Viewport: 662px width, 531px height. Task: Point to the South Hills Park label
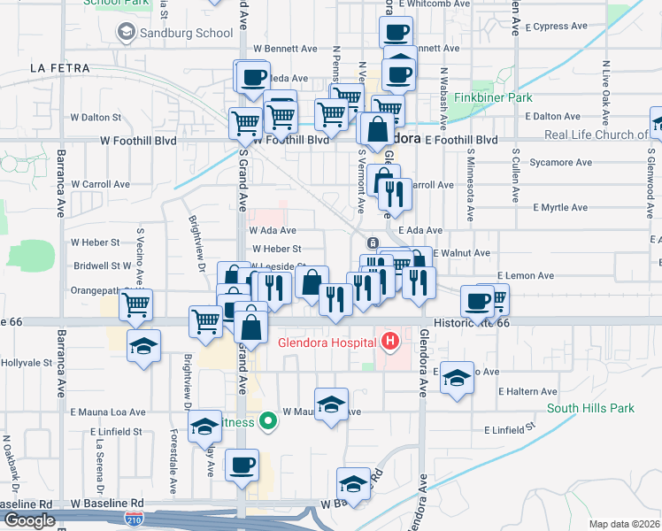coord(590,408)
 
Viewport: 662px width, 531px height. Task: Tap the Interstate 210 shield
coord(135,517)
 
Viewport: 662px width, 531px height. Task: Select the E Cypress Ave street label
coord(555,26)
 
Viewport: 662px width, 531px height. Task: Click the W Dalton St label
coord(96,116)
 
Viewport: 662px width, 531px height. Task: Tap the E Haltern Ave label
coord(527,391)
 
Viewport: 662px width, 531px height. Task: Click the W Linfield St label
coord(116,431)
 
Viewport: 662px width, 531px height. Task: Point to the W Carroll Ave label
coord(101,184)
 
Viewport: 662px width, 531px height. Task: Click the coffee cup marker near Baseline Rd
coord(242,464)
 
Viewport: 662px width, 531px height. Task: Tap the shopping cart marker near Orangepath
coord(135,304)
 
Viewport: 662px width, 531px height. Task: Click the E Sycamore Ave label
coord(557,163)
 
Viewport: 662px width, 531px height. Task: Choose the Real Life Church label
coord(596,135)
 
